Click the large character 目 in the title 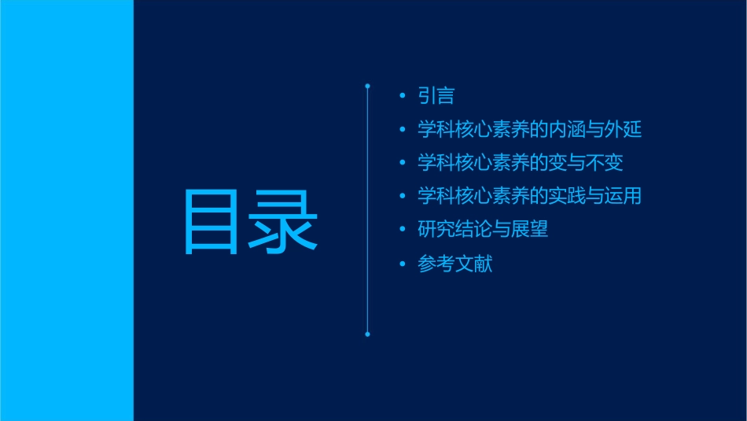click(211, 221)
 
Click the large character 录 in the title click(284, 221)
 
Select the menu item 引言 click(436, 96)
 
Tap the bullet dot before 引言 click(403, 96)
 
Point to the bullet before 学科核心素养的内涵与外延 click(403, 129)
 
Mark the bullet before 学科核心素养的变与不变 click(403, 163)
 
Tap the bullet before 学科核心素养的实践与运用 click(403, 196)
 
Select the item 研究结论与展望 click(483, 230)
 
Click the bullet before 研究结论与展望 click(403, 230)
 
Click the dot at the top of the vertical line click(367, 85)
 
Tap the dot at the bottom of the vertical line click(367, 334)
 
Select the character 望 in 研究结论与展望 click(539, 230)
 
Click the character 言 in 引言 click(445, 96)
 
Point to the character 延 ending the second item click(632, 129)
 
